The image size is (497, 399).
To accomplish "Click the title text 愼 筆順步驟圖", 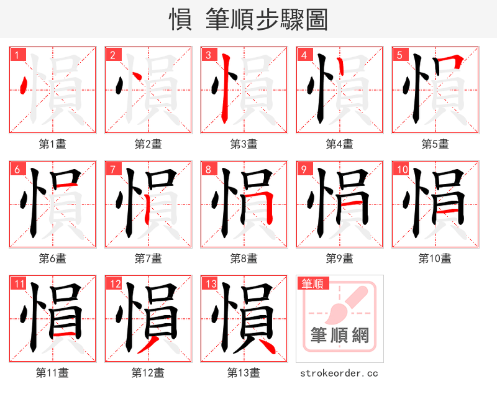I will coord(248,20).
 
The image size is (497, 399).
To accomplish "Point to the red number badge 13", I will coord(210,284).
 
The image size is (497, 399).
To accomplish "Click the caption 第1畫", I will coord(53,144).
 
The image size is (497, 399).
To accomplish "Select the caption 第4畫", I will coord(340,144).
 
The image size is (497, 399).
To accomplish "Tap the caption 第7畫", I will coord(148,258).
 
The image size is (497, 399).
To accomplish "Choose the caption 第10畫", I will coord(435,258).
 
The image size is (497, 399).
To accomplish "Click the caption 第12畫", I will coord(148,373).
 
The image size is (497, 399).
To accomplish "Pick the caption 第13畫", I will coord(244,373).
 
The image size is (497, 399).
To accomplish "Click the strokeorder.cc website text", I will coord(339,374).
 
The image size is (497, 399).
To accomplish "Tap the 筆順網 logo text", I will coord(340,336).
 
